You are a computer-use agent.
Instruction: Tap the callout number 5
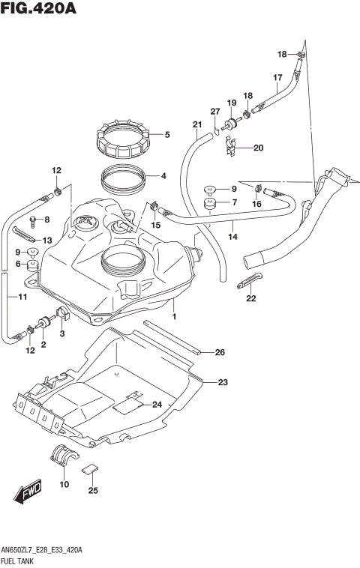167,136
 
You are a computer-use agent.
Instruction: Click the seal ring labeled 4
122,179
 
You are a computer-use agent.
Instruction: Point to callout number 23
222,383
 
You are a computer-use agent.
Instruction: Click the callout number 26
220,352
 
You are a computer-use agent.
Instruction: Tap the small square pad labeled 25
89,470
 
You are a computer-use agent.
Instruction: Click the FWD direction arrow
27,493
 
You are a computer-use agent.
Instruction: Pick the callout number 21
197,124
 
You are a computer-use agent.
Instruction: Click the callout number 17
277,77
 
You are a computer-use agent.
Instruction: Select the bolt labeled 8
33,220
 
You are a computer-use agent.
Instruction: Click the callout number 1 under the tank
174,317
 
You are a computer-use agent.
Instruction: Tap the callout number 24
157,405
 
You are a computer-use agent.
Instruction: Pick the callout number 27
215,112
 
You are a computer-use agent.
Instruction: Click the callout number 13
46,240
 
